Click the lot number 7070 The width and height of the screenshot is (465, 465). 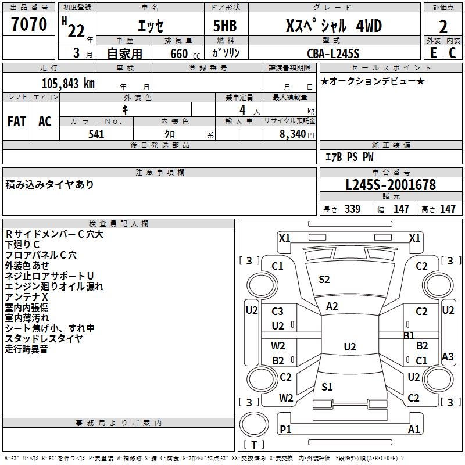pyautogui.click(x=29, y=25)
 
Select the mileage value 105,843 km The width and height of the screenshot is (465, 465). pyautogui.click(x=68, y=83)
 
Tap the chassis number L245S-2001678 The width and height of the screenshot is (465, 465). pyautogui.click(x=390, y=185)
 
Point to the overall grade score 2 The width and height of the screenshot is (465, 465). pyautogui.click(x=443, y=26)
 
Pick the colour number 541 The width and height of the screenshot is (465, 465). pyautogui.click(x=96, y=134)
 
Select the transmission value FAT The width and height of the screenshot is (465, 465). pyautogui.click(x=17, y=121)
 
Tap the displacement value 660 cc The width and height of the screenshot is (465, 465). pyautogui.click(x=178, y=53)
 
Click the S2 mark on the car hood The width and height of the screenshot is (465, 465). pyautogui.click(x=324, y=280)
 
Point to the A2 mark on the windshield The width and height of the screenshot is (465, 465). pyautogui.click(x=332, y=306)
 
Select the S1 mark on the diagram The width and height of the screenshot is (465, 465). pyautogui.click(x=327, y=387)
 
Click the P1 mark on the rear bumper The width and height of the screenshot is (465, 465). pyautogui.click(x=285, y=429)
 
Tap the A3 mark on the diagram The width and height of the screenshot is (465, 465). pyautogui.click(x=448, y=356)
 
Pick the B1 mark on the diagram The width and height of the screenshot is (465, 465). pyautogui.click(x=409, y=335)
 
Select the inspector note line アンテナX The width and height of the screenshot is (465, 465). pyautogui.click(x=26, y=297)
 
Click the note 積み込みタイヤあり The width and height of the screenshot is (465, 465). pyautogui.click(x=49, y=184)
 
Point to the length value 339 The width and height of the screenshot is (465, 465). pyautogui.click(x=352, y=209)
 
